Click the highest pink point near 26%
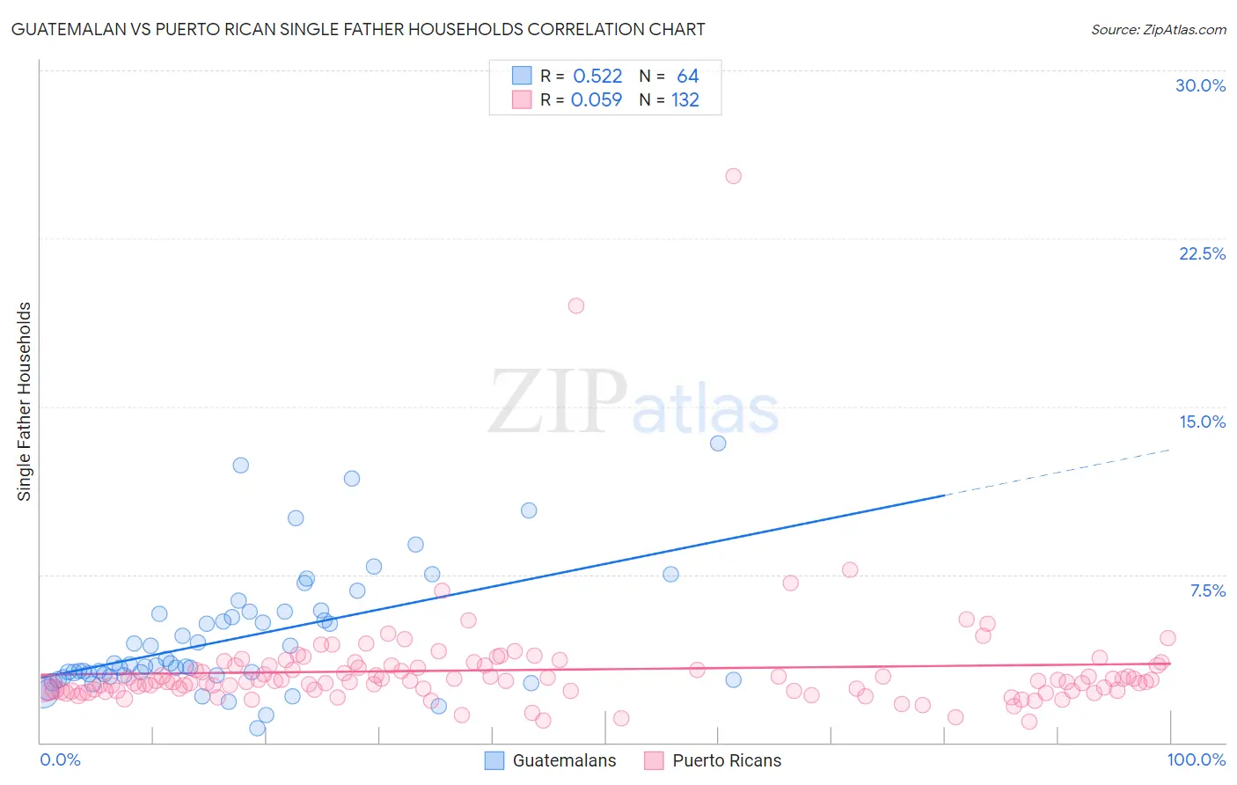733,176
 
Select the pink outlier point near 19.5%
576,306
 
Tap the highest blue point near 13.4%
718,444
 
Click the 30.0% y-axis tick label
1200,85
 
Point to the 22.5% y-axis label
1202,253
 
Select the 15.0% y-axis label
1202,422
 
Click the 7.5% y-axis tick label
1207,591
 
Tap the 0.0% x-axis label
60,759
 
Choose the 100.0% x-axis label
1196,759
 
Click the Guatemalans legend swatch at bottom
494,760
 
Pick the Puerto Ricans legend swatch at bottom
654,760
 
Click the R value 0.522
597,77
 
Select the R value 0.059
597,100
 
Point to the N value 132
685,100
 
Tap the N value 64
687,77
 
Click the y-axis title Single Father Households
25,401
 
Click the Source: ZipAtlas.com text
1158,30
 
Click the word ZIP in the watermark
557,402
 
